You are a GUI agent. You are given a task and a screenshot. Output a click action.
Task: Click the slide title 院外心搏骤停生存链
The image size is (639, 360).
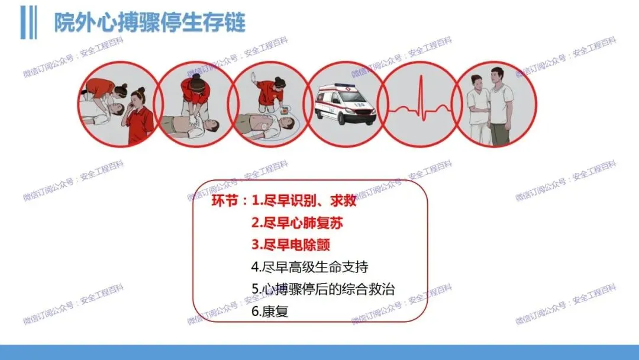(x=150, y=22)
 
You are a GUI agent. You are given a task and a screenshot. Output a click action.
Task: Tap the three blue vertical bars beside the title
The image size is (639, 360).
(x=28, y=22)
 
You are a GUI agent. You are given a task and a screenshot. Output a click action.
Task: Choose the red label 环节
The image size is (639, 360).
(x=225, y=201)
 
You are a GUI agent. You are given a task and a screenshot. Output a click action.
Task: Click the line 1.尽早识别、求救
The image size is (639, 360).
(x=304, y=201)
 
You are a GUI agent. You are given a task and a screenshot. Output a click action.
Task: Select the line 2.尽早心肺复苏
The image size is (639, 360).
(x=297, y=223)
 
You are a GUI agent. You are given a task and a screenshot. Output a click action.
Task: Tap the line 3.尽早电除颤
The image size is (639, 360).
(x=291, y=245)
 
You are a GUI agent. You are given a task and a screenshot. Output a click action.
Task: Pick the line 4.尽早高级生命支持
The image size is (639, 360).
(x=309, y=267)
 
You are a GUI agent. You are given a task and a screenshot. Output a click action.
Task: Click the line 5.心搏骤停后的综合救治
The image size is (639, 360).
(x=323, y=289)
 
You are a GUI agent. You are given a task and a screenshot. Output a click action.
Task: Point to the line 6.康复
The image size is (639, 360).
(x=270, y=311)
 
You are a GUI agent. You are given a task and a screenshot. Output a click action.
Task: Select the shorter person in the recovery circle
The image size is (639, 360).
(x=478, y=109)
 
